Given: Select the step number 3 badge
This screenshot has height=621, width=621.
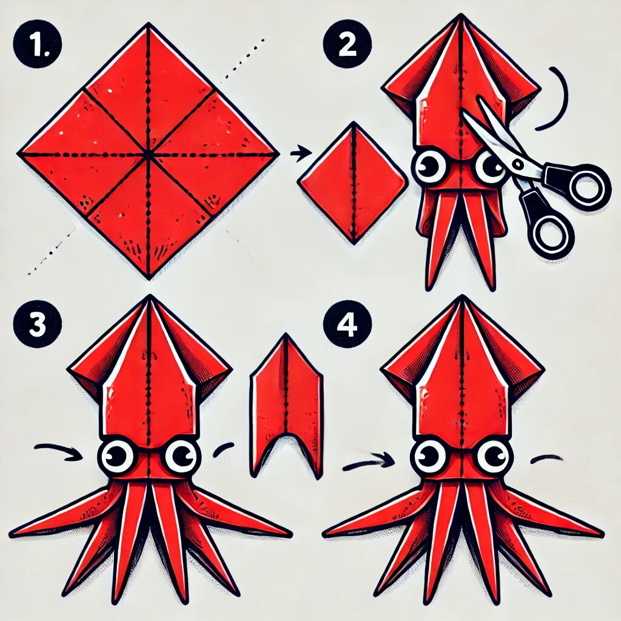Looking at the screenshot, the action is pyautogui.click(x=37, y=324).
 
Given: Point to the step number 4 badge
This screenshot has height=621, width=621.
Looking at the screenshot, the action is pyautogui.click(x=347, y=324).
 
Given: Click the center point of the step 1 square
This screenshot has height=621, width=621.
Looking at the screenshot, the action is pyautogui.click(x=148, y=153).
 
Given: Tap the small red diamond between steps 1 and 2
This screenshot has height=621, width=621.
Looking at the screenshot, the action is pyautogui.click(x=353, y=183).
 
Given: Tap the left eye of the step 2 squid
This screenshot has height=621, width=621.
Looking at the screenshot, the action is pyautogui.click(x=429, y=166).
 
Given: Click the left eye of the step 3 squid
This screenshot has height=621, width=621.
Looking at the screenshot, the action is pyautogui.click(x=116, y=457).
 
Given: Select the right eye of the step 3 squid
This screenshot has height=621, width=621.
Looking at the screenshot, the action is pyautogui.click(x=182, y=456).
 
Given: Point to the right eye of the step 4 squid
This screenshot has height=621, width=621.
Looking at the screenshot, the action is pyautogui.click(x=494, y=456).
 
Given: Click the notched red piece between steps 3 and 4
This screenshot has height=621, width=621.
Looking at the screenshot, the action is pyautogui.click(x=286, y=406).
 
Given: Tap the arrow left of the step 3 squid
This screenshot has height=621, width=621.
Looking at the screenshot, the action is pyautogui.click(x=59, y=451).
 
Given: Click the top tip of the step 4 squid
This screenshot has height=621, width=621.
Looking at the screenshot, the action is pyautogui.click(x=461, y=296).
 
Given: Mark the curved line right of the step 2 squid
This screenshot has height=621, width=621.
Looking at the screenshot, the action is pyautogui.click(x=562, y=98).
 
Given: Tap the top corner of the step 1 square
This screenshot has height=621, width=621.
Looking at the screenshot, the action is pyautogui.click(x=149, y=23).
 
